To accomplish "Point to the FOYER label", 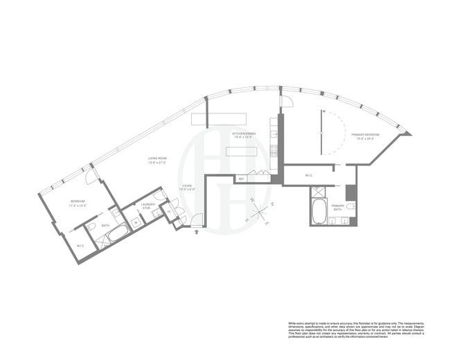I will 187,187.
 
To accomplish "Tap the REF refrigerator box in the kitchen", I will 242,179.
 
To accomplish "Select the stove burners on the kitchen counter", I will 274,149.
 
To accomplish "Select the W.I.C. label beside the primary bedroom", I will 309,175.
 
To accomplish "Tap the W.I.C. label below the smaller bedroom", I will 80,246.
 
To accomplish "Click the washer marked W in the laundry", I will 135,221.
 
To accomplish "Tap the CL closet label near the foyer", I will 168,212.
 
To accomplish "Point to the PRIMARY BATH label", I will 339,208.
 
